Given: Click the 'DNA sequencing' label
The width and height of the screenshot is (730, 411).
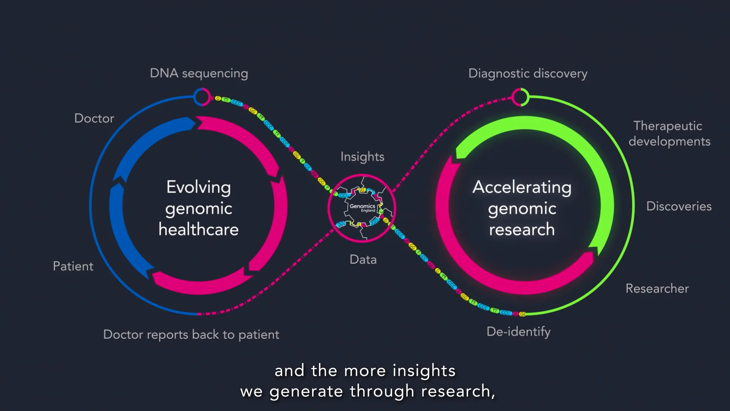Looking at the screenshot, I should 199,73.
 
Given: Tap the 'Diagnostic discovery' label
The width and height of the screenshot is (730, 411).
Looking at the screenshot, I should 528,73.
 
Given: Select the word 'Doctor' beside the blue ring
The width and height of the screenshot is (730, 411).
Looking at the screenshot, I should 94,118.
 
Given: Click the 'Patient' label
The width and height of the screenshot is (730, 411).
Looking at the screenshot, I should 73,266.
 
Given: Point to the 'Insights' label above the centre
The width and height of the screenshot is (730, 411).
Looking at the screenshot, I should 362,157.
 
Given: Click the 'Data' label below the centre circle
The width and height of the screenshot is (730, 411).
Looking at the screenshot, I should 363,260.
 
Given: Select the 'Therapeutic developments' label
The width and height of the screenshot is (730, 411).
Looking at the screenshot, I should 669,134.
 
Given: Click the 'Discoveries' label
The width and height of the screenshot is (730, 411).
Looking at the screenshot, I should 679,206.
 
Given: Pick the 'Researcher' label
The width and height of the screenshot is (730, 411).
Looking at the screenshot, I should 657,288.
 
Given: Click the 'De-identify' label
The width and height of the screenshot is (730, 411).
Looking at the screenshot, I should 518,331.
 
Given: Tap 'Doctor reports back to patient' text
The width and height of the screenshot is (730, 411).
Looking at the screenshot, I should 191,335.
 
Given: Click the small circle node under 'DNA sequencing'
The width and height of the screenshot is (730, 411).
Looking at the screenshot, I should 202,97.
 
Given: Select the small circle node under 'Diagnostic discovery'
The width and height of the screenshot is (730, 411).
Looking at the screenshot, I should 520,97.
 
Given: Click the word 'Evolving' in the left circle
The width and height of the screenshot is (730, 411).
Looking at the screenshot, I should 198,187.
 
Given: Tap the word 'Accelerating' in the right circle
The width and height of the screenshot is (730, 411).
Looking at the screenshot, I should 522,187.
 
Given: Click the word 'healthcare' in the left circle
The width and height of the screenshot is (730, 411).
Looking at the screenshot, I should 198,229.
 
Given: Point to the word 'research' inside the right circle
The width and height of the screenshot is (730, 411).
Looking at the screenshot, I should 522,229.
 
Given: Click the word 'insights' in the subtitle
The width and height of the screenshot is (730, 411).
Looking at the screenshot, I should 424,371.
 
